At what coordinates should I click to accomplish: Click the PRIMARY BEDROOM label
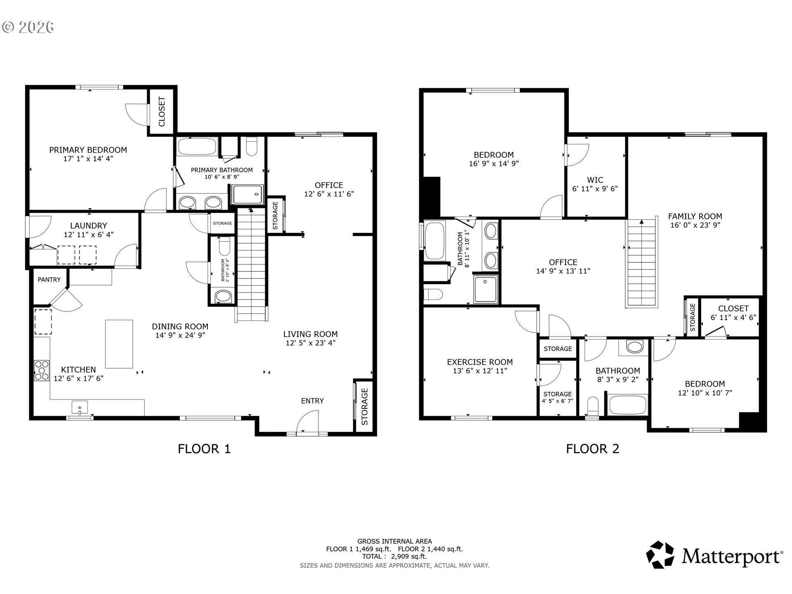pyautogui.click(x=88, y=150)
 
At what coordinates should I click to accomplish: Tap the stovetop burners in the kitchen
pyautogui.click(x=42, y=370)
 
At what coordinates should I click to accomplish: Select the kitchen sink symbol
pyautogui.click(x=79, y=408)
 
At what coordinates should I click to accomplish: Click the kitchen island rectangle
pyautogui.click(x=119, y=344)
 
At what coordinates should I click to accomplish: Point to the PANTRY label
pyautogui.click(x=49, y=280)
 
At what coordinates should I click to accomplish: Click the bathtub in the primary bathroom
pyautogui.click(x=197, y=146)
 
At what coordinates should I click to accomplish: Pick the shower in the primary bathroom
pyautogui.click(x=247, y=195)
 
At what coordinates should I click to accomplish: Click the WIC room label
pyautogui.click(x=595, y=180)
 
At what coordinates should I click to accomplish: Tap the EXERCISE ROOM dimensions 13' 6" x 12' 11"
pyautogui.click(x=480, y=371)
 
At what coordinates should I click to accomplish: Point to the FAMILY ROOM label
pyautogui.click(x=695, y=216)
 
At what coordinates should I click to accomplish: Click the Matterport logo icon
pyautogui.click(x=660, y=555)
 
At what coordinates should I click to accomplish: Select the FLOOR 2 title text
pyautogui.click(x=592, y=449)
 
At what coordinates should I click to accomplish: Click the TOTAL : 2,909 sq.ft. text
pyautogui.click(x=394, y=556)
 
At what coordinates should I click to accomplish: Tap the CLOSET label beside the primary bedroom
pyautogui.click(x=162, y=112)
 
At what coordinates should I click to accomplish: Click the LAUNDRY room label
pyautogui.click(x=88, y=226)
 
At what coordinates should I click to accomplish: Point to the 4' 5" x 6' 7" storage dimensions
pyautogui.click(x=557, y=401)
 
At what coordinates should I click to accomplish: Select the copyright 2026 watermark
pyautogui.click(x=28, y=27)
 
